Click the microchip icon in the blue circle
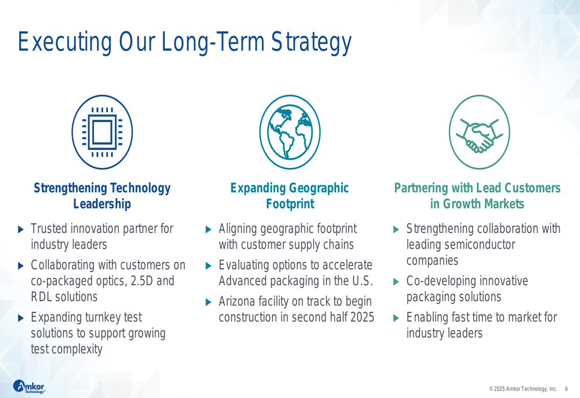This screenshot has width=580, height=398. point(102,132)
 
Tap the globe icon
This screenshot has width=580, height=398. point(290,132)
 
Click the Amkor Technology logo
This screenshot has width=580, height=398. point(29,386)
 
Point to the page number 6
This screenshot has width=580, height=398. point(566,389)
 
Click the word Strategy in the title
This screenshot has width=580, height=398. point(311,42)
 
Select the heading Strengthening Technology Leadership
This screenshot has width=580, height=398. point(102,196)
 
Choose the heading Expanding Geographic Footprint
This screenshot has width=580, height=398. point(289,196)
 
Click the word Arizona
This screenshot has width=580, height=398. point(237,302)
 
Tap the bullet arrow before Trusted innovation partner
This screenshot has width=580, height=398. point(21,230)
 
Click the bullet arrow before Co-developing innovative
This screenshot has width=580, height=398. point(396,282)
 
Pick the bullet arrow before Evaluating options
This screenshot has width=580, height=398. point(208,266)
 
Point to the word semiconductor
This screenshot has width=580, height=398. point(479,245)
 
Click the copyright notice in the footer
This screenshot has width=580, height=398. point(523,389)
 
